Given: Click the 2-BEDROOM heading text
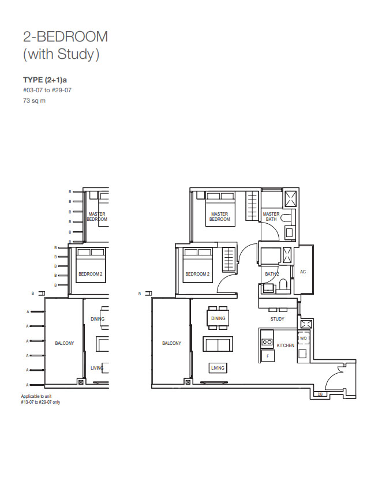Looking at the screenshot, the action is click(x=65, y=37).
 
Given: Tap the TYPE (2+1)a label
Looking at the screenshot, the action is click(x=45, y=80).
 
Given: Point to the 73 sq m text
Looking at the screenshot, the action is click(x=34, y=100).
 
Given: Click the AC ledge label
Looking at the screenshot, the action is click(x=303, y=272).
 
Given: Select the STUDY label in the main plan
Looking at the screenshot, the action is click(x=277, y=319).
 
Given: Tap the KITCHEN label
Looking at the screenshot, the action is click(x=285, y=345).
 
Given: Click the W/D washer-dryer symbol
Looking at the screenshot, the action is click(x=304, y=339).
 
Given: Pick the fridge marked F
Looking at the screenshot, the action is click(x=268, y=356).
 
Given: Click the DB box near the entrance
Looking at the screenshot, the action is click(x=320, y=394).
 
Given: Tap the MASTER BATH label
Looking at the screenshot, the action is click(x=271, y=216).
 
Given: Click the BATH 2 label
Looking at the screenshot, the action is click(x=272, y=274).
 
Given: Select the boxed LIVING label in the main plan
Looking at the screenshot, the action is click(x=218, y=368).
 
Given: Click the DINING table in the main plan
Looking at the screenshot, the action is click(x=218, y=318).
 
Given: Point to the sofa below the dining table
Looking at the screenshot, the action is click(x=218, y=344).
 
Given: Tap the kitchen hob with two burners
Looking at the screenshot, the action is click(x=267, y=342).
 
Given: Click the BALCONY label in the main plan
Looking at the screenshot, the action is click(x=171, y=343).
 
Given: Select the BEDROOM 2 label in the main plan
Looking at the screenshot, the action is click(x=197, y=274).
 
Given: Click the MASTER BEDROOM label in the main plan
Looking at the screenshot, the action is click(x=219, y=216).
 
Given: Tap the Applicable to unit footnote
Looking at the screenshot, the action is click(x=40, y=399).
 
